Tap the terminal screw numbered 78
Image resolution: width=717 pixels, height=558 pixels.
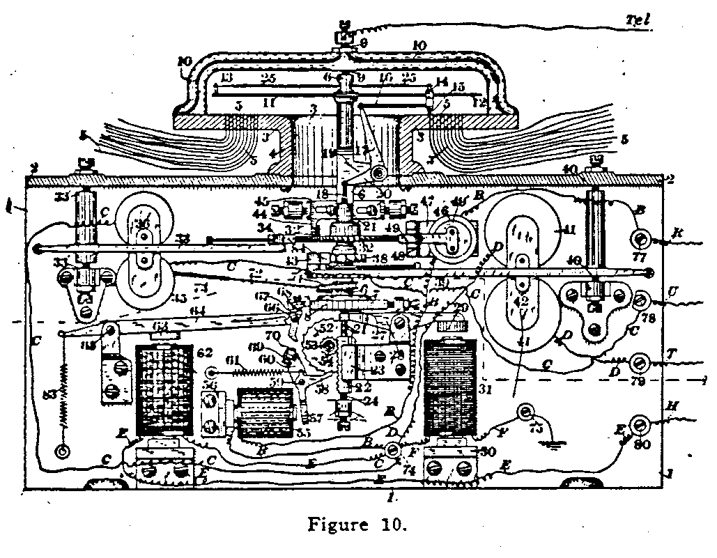[640, 301]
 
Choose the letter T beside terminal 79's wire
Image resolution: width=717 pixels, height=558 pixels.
[674, 355]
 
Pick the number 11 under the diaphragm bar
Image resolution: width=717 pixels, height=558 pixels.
[268, 102]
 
